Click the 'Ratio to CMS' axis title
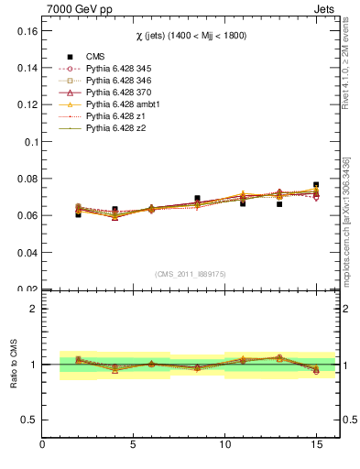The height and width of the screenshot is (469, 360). pos(13,364)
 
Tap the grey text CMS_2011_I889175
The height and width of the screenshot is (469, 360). pos(190,273)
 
